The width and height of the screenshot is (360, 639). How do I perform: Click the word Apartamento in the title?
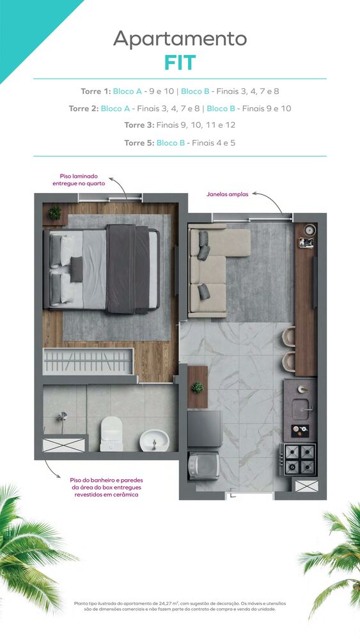(180, 38)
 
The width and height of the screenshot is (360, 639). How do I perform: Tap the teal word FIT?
(180, 63)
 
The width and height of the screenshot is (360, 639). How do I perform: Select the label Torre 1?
(96, 91)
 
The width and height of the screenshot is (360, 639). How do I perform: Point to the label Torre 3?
(139, 125)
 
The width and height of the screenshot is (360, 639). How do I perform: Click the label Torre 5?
(139, 142)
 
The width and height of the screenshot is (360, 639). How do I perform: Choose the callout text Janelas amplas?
(227, 194)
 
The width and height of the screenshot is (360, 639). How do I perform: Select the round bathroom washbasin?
(153, 439)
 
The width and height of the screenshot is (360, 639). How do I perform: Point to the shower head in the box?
(63, 417)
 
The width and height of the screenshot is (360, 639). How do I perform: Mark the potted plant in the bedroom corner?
(55, 213)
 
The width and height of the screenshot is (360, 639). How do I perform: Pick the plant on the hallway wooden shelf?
(198, 387)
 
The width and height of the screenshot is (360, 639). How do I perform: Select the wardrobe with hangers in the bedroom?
(88, 361)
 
